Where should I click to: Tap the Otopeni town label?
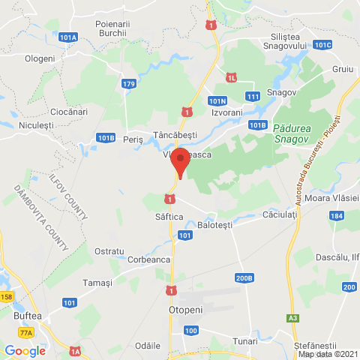[179, 308]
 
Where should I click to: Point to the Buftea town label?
[28, 316]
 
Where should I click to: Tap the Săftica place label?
[160, 215]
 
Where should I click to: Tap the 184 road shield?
[336, 216]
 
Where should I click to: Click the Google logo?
[25, 350]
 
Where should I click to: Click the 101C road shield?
[322, 45]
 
